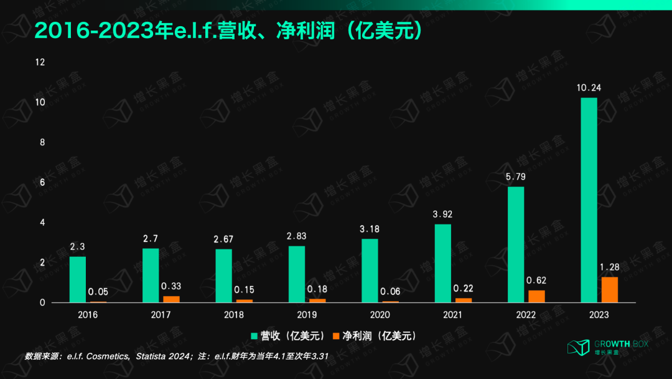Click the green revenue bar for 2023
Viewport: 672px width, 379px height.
tap(588, 200)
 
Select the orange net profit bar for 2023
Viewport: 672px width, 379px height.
tap(610, 290)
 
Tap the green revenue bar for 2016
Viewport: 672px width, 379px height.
tap(78, 279)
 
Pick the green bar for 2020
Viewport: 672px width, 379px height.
tap(370, 271)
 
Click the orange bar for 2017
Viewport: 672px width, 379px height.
tap(171, 299)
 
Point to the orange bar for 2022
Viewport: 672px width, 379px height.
tap(536, 297)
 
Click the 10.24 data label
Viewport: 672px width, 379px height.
tap(589, 88)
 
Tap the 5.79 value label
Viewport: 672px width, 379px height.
tap(516, 176)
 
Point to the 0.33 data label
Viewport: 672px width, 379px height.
tap(170, 286)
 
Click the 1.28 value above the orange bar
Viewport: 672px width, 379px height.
tap(610, 267)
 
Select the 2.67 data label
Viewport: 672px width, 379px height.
tap(224, 239)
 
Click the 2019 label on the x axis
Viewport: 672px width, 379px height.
tap(307, 315)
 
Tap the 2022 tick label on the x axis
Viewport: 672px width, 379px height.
tap(526, 315)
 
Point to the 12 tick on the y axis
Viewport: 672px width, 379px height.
tap(41, 62)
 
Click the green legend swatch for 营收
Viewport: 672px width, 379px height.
tap(255, 336)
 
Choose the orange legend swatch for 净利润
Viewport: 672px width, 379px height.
tap(337, 336)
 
